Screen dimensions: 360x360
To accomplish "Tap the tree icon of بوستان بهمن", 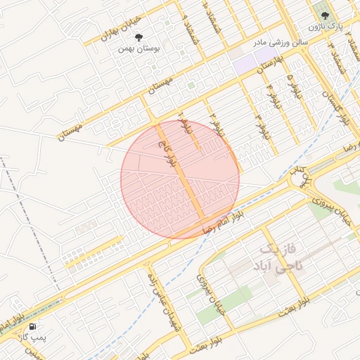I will pos(138,37).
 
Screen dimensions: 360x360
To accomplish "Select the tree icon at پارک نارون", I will pos(324,15).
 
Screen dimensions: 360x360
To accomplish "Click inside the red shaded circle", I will pos(180,179).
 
